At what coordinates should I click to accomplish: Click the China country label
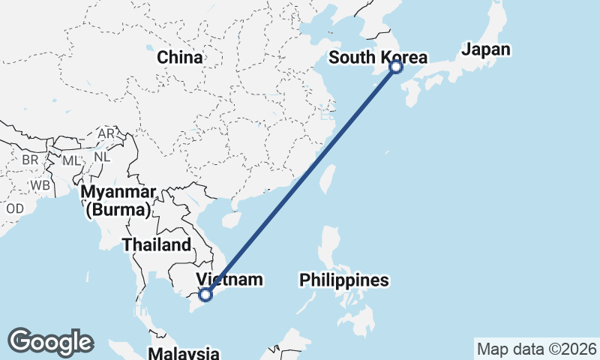(x=179, y=57)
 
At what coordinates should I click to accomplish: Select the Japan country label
(x=486, y=50)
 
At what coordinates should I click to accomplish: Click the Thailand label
(x=157, y=245)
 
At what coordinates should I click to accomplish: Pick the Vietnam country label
(x=229, y=280)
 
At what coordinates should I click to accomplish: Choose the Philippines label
(x=344, y=280)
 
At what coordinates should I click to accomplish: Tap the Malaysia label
(x=184, y=353)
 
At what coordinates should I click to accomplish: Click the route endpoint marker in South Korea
(x=396, y=67)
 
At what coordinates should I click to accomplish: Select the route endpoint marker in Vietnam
(x=206, y=295)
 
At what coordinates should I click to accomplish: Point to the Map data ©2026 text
(x=536, y=349)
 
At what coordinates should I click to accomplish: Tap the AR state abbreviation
(x=106, y=133)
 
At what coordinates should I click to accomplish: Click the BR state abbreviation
(x=30, y=160)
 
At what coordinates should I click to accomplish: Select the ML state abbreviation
(x=70, y=160)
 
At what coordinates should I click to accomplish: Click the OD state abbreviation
(x=15, y=208)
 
